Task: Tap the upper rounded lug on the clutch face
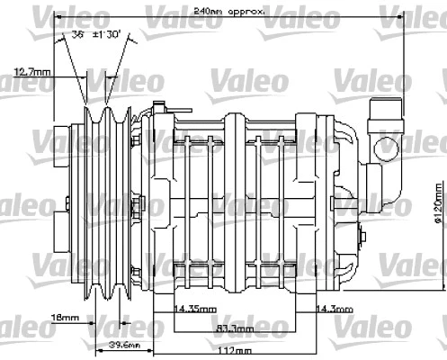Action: tap(59, 144)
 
